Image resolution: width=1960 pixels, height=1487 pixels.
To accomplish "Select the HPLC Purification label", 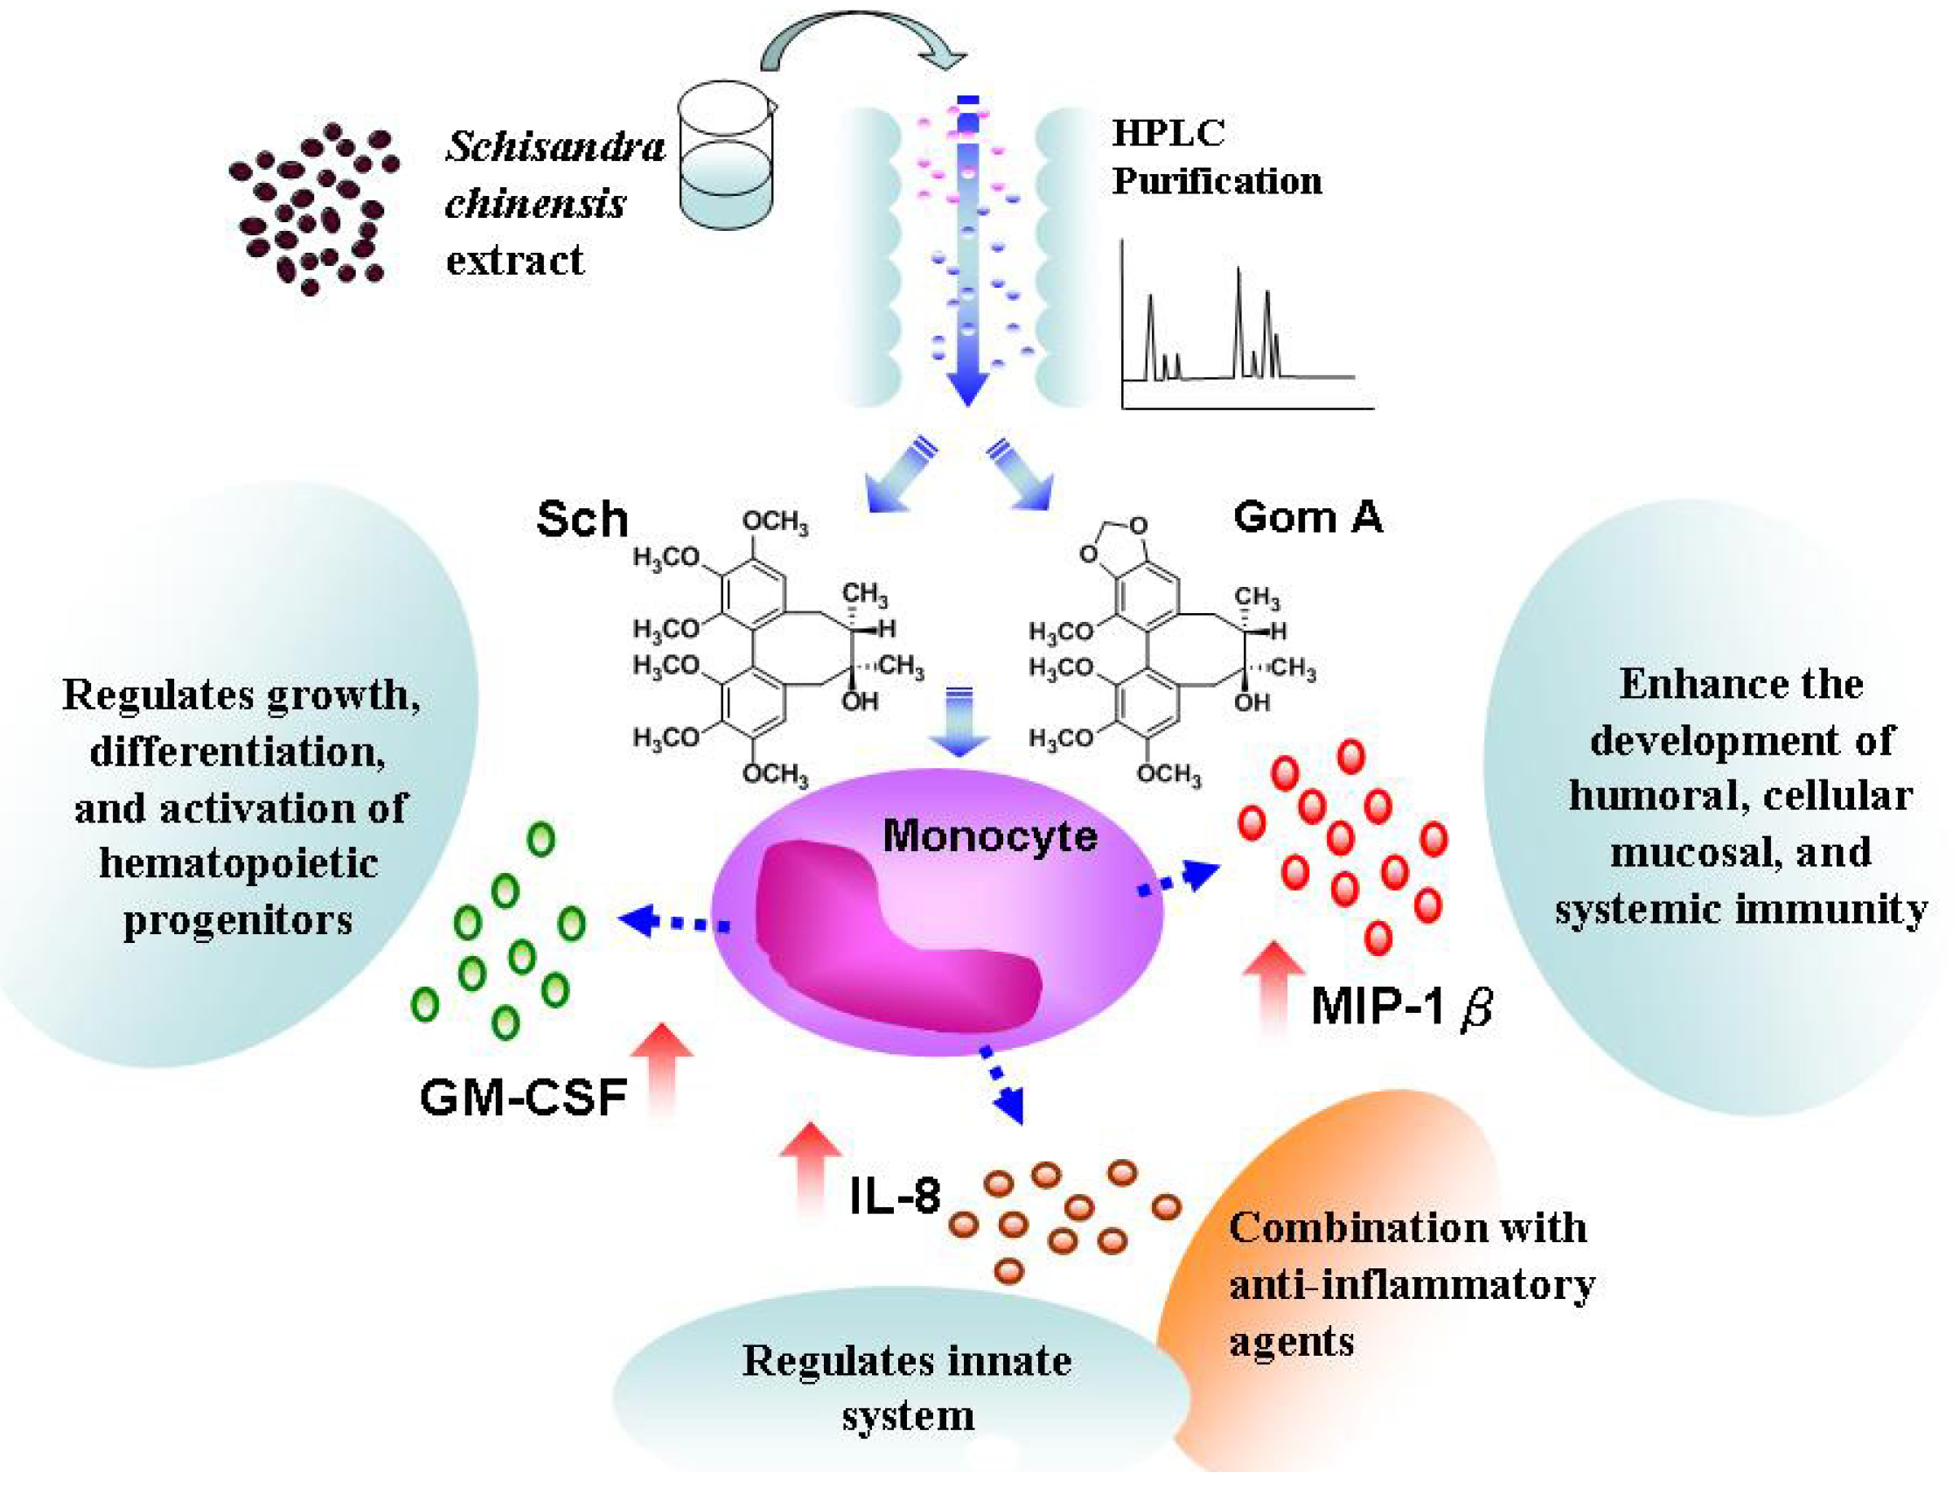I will tap(1216, 157).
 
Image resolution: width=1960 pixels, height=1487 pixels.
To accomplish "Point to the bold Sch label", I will tap(582, 520).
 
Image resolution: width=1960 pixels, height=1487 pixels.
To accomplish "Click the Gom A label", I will tap(1307, 517).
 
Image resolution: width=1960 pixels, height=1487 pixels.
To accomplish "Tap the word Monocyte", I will tap(989, 835).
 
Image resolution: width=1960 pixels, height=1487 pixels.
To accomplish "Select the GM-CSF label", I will tap(523, 1098).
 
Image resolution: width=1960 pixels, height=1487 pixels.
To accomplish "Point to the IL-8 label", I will tap(894, 1197).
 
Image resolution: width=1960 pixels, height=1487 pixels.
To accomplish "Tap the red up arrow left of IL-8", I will tap(809, 1169).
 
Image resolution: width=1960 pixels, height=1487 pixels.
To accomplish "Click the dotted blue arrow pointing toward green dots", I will tap(673, 922).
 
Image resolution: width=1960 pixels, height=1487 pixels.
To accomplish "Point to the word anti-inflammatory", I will tap(1412, 1284).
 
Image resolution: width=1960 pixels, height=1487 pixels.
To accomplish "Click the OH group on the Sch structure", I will tap(859, 702).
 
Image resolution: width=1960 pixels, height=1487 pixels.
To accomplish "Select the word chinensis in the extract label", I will tap(535, 205).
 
